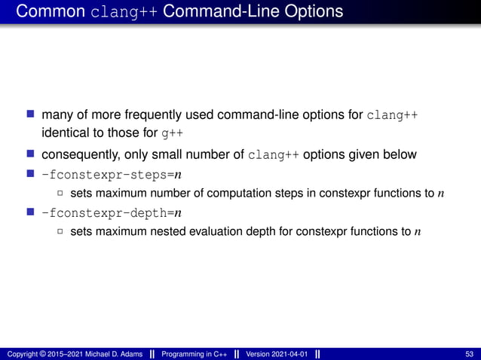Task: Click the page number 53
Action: (470, 354)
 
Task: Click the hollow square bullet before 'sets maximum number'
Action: (60, 195)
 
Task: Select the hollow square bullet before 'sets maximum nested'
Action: (60, 231)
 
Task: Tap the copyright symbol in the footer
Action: (45, 354)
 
